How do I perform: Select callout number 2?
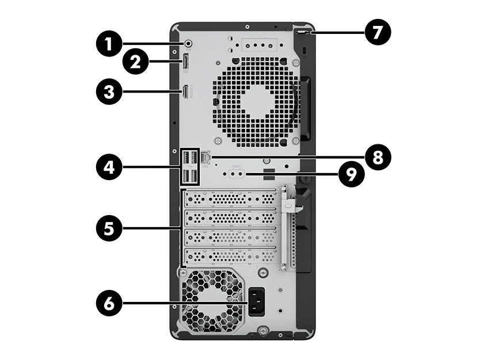click(x=135, y=63)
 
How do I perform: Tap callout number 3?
click(x=107, y=91)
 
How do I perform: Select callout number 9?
click(x=350, y=175)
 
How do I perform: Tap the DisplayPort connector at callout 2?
click(x=186, y=63)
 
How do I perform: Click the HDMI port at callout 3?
click(x=186, y=91)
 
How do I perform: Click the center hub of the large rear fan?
click(x=256, y=101)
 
